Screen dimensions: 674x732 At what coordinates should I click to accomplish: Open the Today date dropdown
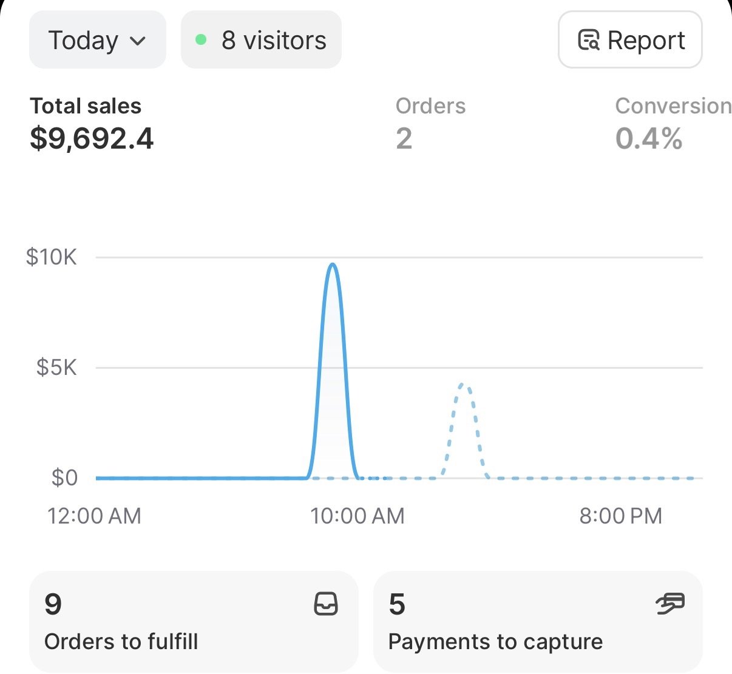click(97, 41)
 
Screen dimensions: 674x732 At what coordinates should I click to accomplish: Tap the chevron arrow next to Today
click(138, 41)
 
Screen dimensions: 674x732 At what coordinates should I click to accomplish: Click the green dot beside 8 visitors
click(201, 40)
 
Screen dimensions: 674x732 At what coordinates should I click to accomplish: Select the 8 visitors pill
click(261, 40)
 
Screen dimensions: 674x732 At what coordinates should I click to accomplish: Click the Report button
click(630, 40)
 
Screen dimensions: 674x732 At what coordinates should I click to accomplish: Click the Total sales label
click(86, 106)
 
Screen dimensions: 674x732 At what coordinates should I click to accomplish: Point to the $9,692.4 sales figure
click(92, 138)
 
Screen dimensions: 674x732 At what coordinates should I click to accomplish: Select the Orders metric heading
click(430, 106)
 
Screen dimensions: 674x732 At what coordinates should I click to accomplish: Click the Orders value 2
click(404, 138)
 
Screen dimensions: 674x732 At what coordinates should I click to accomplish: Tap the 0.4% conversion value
click(649, 138)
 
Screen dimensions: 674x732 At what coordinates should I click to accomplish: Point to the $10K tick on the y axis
click(52, 257)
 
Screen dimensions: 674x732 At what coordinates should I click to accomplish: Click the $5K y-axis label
click(56, 368)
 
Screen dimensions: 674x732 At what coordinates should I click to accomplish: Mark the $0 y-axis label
click(64, 478)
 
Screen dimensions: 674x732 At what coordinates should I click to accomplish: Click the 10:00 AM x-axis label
click(357, 516)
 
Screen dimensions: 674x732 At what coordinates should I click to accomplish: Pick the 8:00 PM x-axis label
click(620, 516)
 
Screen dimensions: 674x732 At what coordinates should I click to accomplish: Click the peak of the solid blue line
click(332, 265)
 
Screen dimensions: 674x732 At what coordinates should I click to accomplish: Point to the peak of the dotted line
click(463, 385)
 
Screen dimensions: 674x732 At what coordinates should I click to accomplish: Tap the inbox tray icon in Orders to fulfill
click(325, 604)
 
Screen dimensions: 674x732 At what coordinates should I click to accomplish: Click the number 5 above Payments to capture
click(397, 604)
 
